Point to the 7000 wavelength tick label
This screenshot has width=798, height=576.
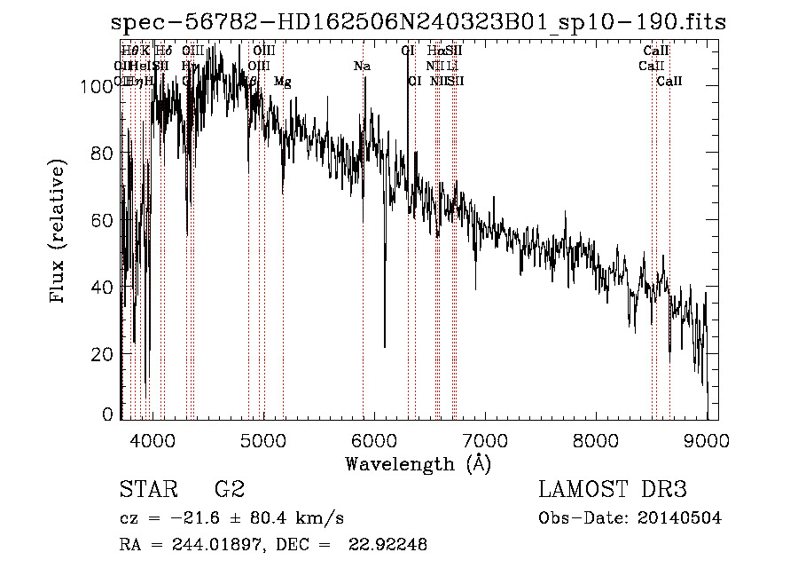[x=484, y=439]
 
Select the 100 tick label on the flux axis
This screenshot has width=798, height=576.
[x=95, y=86]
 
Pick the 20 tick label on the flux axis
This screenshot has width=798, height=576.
[x=100, y=354]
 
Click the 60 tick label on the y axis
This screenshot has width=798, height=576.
[x=100, y=220]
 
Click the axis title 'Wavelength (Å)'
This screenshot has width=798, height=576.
[x=418, y=463]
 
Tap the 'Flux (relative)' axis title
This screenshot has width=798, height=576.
[x=59, y=233]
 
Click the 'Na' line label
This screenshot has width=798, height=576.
[x=362, y=66]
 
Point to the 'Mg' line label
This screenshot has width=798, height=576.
[x=282, y=82]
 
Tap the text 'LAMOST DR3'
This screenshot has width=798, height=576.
[x=613, y=489]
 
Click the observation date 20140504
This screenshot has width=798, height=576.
[x=680, y=518]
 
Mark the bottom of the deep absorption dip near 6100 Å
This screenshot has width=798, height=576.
[x=385, y=346]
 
